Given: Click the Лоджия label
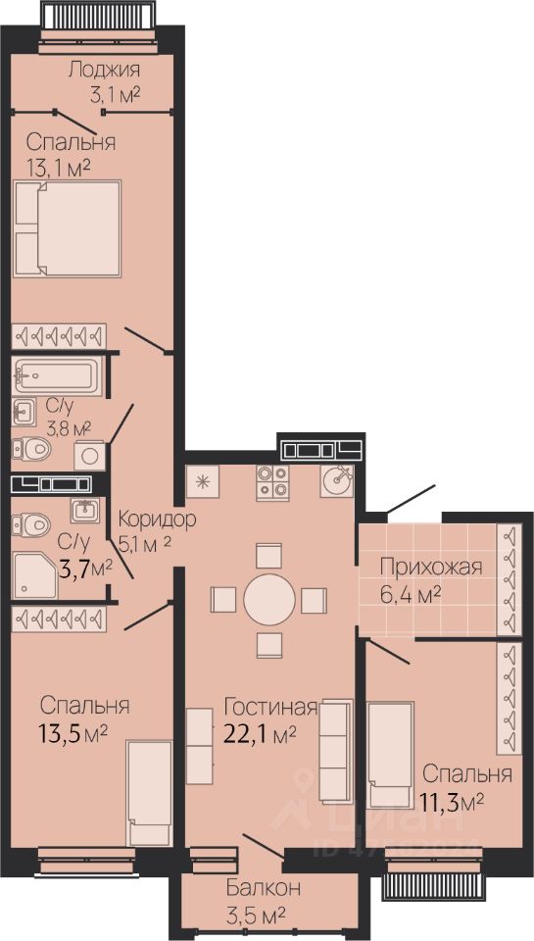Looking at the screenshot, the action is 105,71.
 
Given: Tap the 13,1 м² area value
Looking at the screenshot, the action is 59,167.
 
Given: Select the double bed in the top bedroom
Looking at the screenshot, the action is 68,228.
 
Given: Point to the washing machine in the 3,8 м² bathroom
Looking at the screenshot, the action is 89,456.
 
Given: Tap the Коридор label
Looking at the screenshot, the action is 157,520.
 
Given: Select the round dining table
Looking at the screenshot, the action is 269,600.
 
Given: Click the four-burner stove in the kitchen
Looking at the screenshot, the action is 272,482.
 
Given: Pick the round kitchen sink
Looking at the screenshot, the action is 337,480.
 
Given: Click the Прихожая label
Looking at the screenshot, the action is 431,568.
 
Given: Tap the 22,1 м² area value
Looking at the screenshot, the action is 260,733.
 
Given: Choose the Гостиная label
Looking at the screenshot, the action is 270,708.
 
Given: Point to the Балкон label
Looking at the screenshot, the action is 264,888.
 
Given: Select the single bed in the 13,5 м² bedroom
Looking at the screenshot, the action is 149,793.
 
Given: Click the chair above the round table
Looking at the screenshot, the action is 268,555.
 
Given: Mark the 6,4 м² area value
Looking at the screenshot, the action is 411,594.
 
